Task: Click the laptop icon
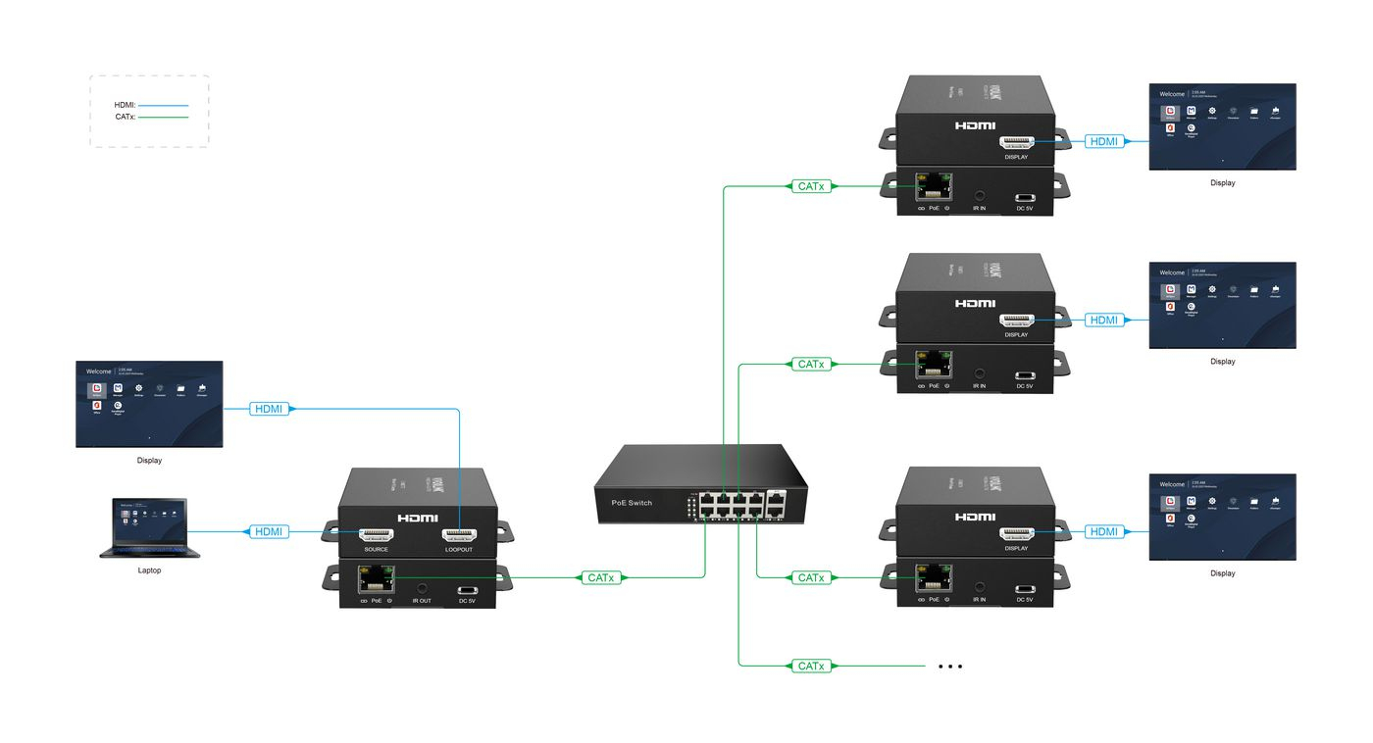tap(149, 528)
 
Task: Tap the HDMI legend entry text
tap(125, 104)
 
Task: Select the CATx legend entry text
tap(125, 117)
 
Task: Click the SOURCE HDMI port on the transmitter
tap(377, 535)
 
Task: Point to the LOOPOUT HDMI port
tap(458, 535)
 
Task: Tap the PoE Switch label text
tap(632, 503)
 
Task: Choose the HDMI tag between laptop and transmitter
tap(268, 531)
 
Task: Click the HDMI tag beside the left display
tap(269, 408)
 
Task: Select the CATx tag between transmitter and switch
tap(601, 577)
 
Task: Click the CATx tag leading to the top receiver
tap(811, 185)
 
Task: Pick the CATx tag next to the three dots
tap(811, 666)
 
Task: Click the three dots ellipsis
tap(949, 667)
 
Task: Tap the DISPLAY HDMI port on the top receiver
tap(1016, 143)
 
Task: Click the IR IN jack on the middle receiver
tap(980, 372)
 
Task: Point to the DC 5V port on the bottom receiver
tap(1025, 588)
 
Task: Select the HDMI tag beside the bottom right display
tap(1103, 531)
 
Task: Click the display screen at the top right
tap(1222, 126)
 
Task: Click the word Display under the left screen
tap(149, 460)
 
